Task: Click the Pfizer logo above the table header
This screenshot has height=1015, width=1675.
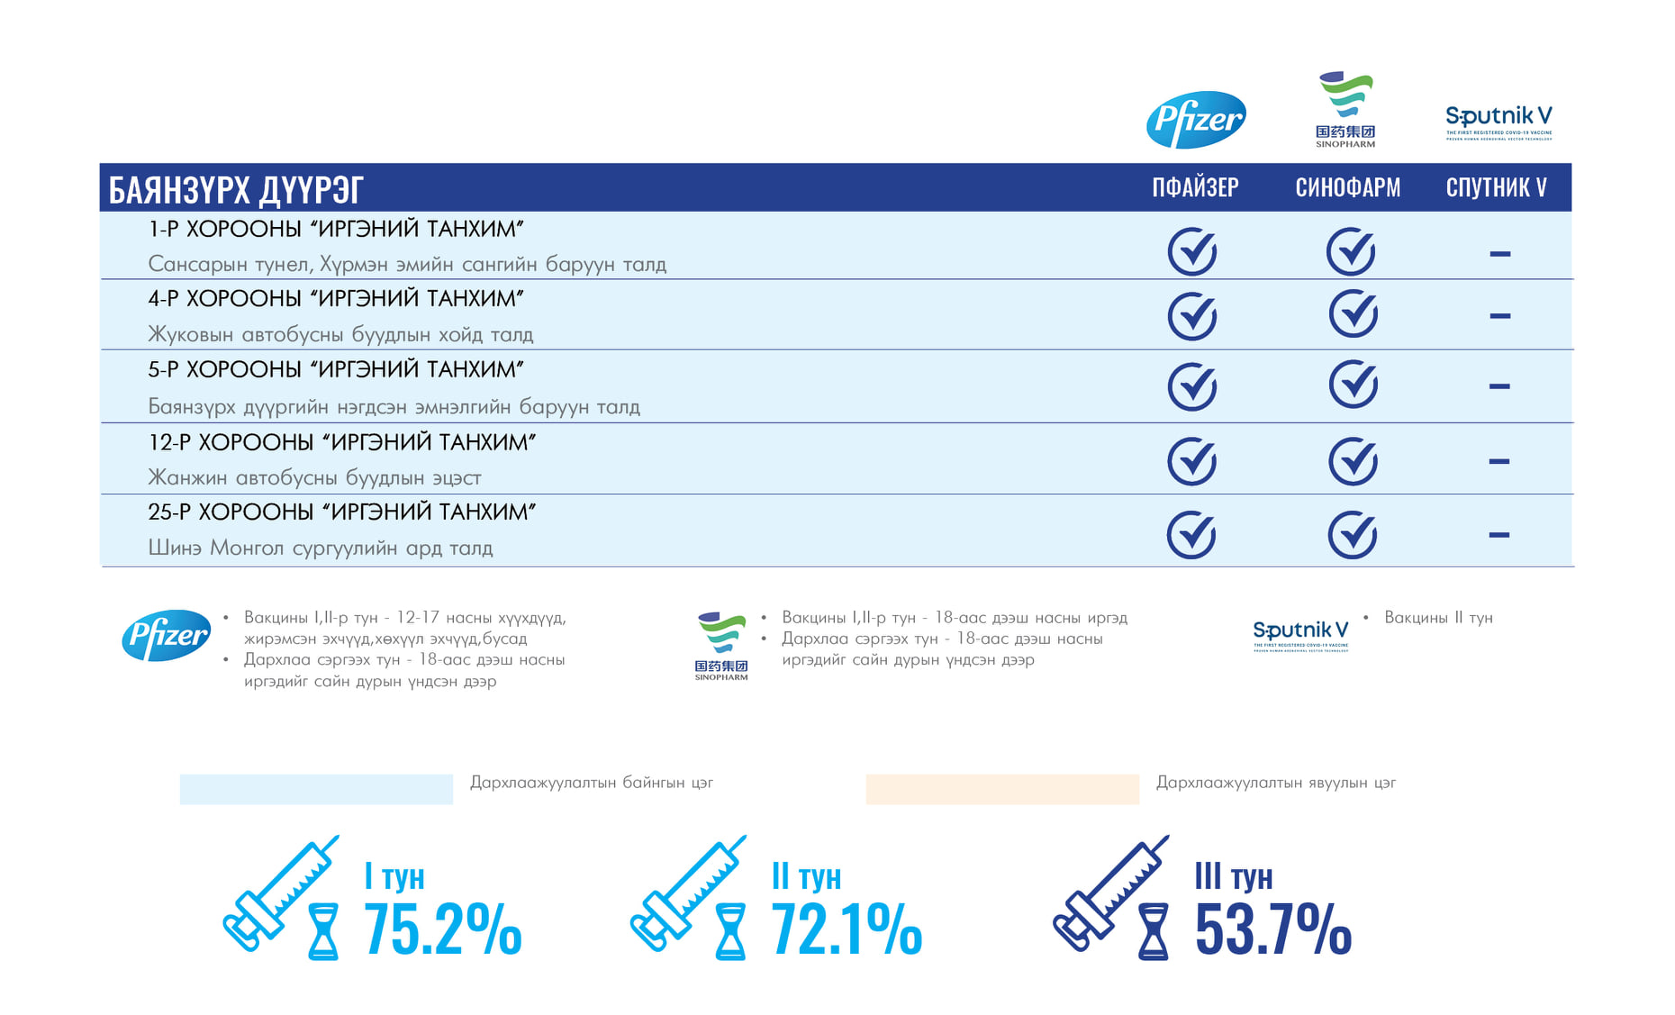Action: click(x=1196, y=120)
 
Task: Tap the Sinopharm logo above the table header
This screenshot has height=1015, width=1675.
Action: click(x=1345, y=109)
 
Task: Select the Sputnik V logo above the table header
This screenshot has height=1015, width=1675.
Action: click(x=1498, y=122)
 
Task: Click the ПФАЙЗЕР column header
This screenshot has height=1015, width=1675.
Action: click(x=1195, y=187)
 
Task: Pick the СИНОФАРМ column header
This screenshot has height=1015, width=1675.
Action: click(x=1347, y=187)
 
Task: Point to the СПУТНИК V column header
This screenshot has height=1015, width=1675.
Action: click(x=1496, y=187)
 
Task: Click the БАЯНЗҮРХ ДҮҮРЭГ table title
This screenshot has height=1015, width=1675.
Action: click(x=236, y=190)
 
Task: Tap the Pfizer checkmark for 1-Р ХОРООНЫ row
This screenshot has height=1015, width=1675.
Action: click(x=1192, y=251)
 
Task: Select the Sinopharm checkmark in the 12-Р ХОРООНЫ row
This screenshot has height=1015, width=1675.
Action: click(x=1353, y=461)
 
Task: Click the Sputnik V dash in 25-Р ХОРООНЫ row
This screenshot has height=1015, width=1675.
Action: click(x=1498, y=535)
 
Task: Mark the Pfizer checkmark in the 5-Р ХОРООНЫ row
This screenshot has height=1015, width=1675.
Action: click(x=1192, y=386)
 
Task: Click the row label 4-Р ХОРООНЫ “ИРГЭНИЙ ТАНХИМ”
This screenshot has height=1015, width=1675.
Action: click(x=336, y=299)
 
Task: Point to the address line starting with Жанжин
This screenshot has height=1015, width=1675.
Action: click(x=314, y=477)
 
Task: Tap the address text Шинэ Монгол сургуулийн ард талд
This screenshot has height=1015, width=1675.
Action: click(x=321, y=548)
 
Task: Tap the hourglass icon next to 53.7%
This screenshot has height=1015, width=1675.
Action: click(x=1154, y=931)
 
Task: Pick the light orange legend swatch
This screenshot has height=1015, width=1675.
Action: click(x=1002, y=789)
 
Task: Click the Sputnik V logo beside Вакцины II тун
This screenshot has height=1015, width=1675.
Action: click(x=1300, y=634)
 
